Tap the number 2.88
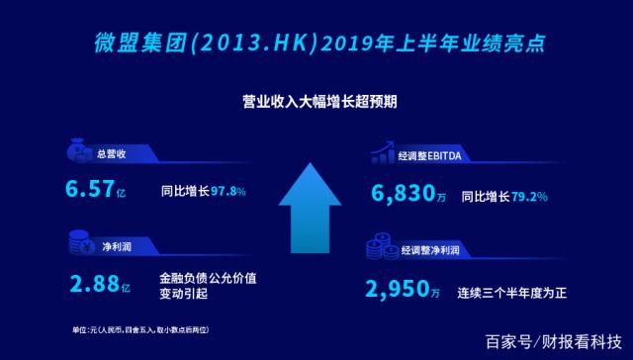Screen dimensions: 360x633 click(93, 286)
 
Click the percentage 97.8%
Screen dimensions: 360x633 click(227, 192)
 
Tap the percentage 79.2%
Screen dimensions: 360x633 click(528, 196)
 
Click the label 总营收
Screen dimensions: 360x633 click(111, 155)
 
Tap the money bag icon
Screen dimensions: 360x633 click(78, 153)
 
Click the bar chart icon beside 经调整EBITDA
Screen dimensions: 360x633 click(381, 153)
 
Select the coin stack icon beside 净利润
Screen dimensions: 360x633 click(78, 240)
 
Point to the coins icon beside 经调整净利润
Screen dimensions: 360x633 click(381, 248)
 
